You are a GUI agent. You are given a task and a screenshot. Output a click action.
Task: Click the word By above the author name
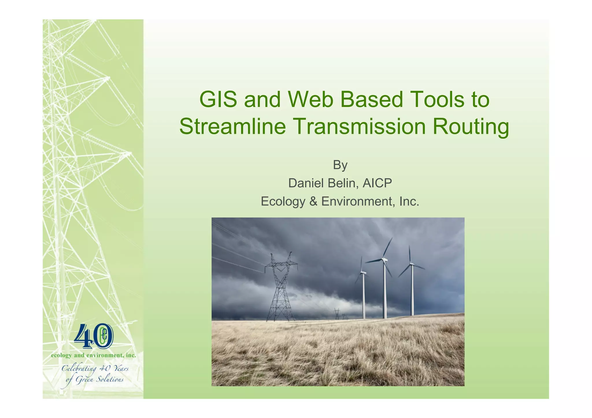(340, 165)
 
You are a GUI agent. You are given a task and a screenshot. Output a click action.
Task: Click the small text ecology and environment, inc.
(93, 355)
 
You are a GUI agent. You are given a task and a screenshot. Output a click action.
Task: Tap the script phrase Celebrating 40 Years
(95, 369)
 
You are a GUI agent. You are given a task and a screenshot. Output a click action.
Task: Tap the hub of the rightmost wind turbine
(410, 264)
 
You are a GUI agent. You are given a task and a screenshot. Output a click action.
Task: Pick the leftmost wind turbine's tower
(363, 298)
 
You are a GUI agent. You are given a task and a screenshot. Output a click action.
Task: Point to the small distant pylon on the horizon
(337, 314)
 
